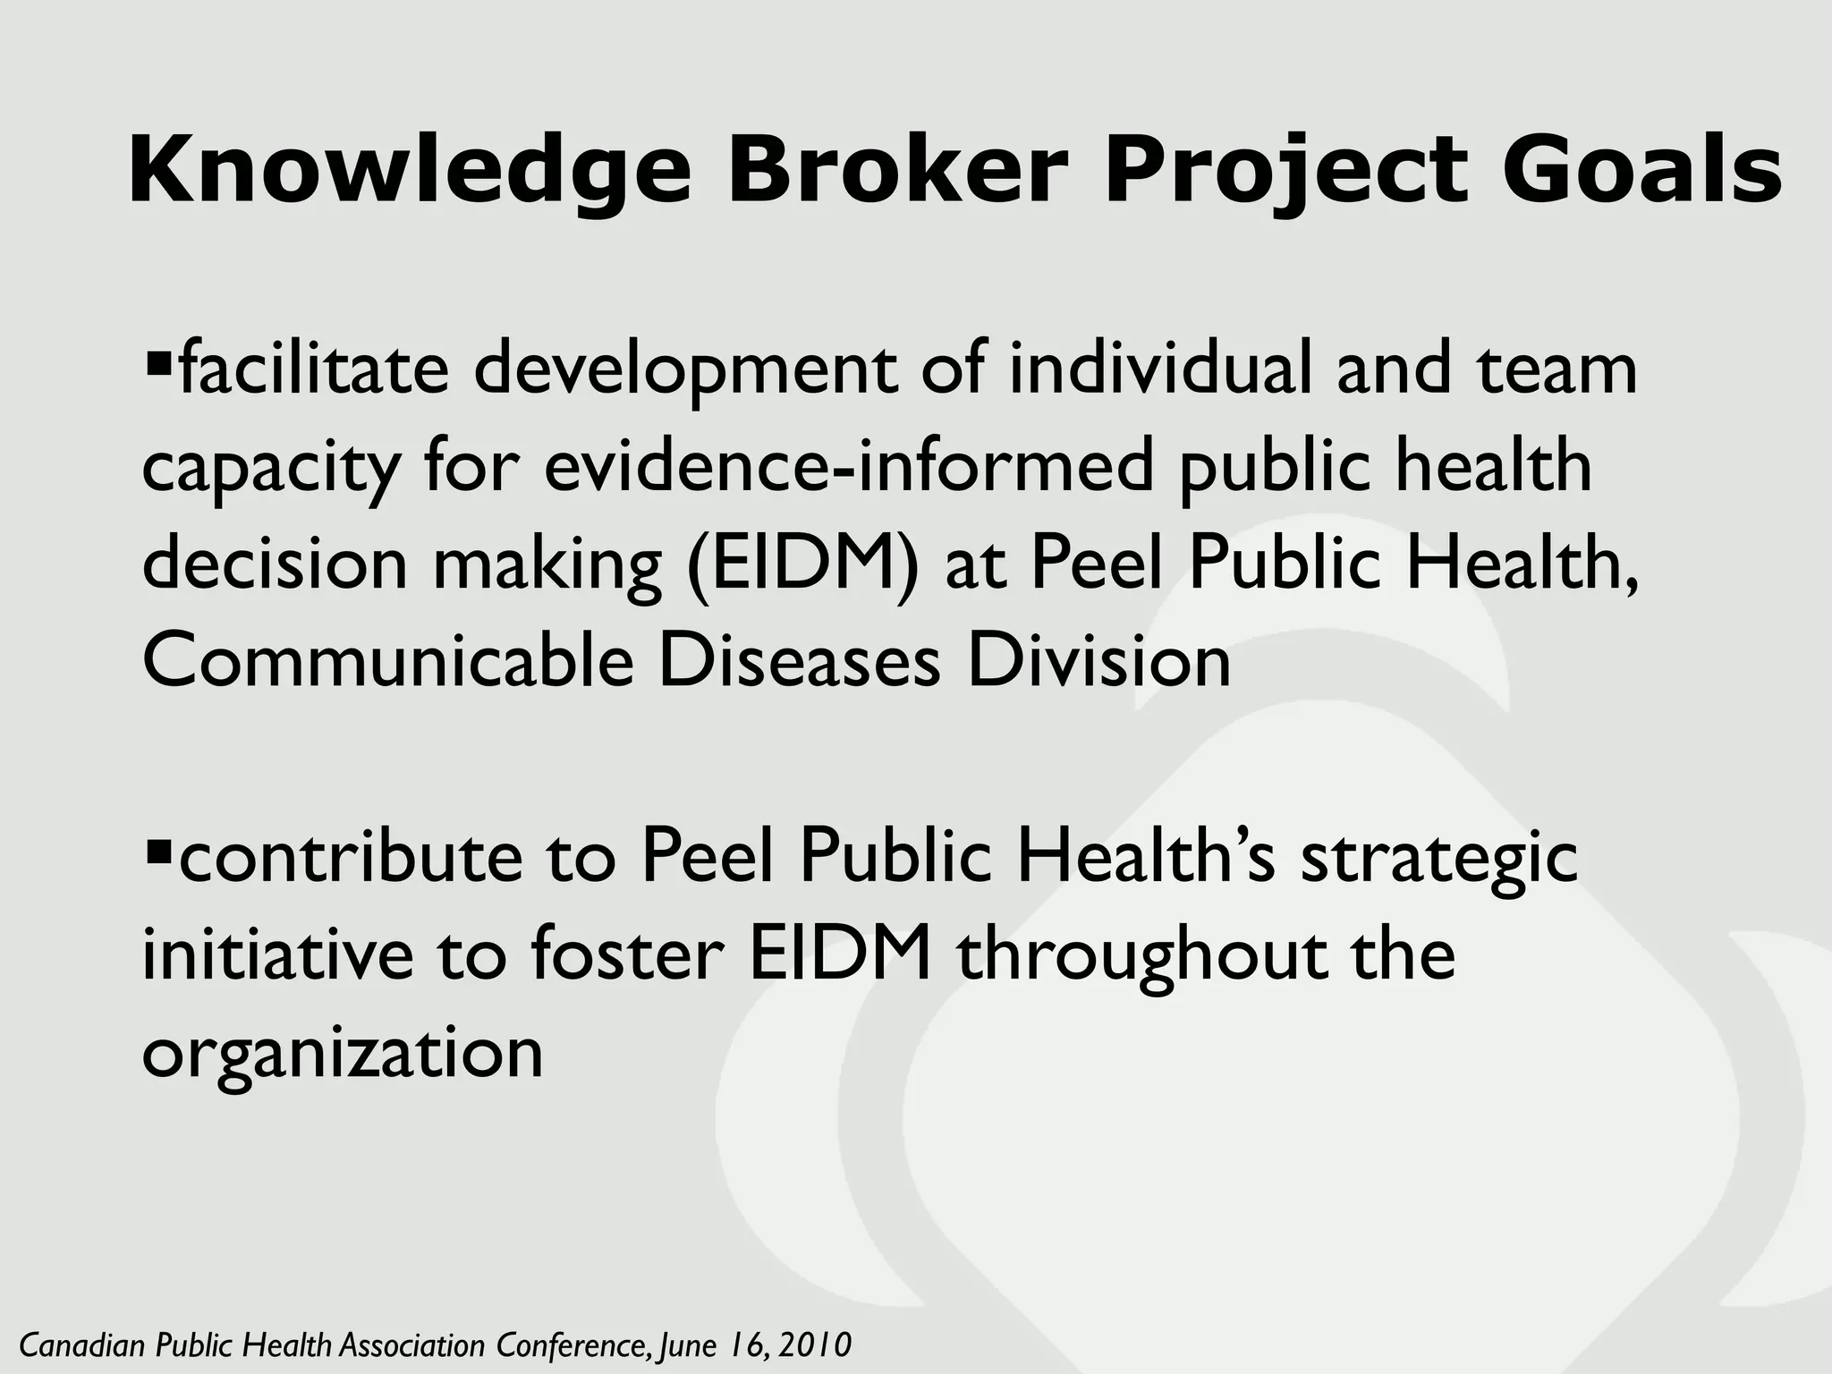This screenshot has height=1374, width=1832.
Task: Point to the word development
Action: pos(684,369)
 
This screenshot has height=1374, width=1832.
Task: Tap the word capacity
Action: pos(269,467)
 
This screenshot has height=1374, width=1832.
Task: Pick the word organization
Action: pos(343,1052)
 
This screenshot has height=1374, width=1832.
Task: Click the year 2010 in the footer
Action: pos(815,1344)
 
